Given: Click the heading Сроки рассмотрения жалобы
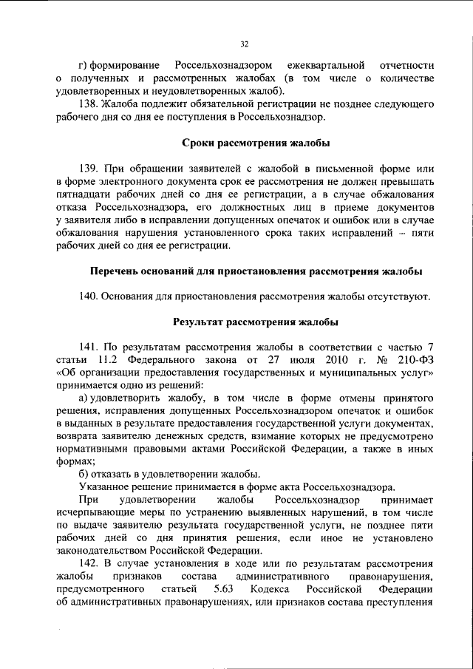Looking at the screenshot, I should [256, 142].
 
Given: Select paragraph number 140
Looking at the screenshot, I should [88, 296].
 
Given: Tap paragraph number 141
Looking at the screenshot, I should [88, 348].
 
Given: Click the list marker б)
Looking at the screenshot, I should [84, 474].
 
